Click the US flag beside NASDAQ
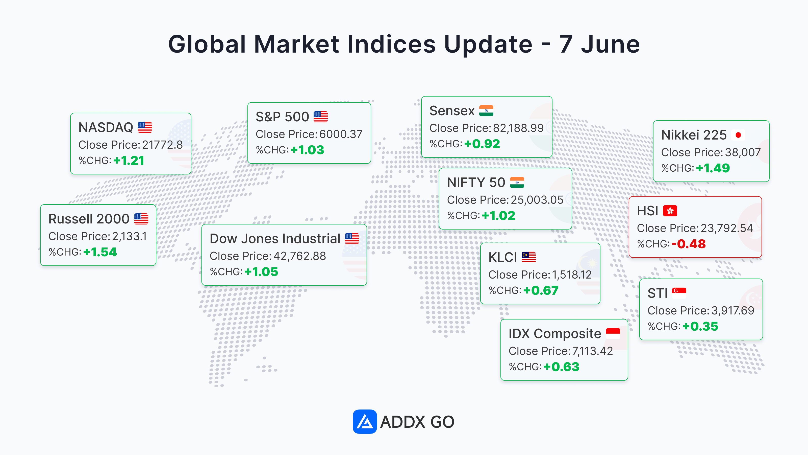(x=145, y=127)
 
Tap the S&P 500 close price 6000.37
(x=341, y=134)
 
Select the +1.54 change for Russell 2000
(x=100, y=252)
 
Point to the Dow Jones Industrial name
(x=275, y=239)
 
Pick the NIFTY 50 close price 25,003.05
(x=537, y=200)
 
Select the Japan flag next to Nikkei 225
(x=738, y=135)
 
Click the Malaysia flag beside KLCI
(x=528, y=257)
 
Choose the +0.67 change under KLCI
(x=541, y=290)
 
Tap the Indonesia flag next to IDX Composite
(x=613, y=333)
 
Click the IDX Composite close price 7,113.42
(x=593, y=351)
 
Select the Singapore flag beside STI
(x=679, y=293)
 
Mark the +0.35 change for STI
(x=700, y=326)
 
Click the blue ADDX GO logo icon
(x=364, y=421)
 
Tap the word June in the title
(x=610, y=44)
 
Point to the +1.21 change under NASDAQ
(x=129, y=161)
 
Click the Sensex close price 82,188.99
(x=518, y=128)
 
